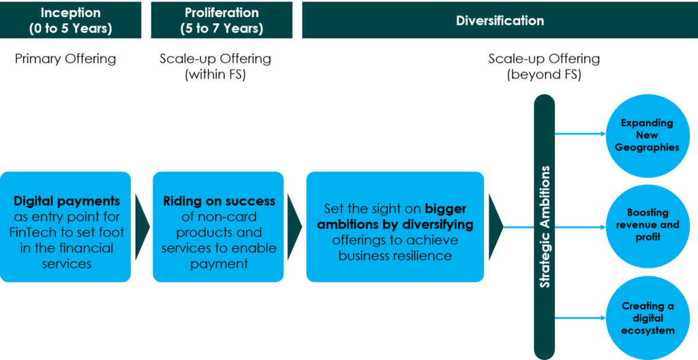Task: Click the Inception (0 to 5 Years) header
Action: coord(70,20)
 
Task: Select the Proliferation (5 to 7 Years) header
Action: coord(222,20)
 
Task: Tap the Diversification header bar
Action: coord(500,20)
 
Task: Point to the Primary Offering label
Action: coord(65,59)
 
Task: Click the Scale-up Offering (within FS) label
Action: coord(215,67)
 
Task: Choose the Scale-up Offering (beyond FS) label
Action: coord(544,67)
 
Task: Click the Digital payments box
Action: coord(65,227)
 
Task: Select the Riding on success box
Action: coord(218,227)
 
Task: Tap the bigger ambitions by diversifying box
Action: coord(395,227)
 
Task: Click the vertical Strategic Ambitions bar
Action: coord(544,227)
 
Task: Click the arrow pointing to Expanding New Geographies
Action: coord(581,134)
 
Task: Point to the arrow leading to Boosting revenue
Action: coord(581,227)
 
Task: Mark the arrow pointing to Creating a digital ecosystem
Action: coord(581,318)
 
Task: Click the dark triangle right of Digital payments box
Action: coord(141,227)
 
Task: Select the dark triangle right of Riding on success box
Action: coord(294,227)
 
